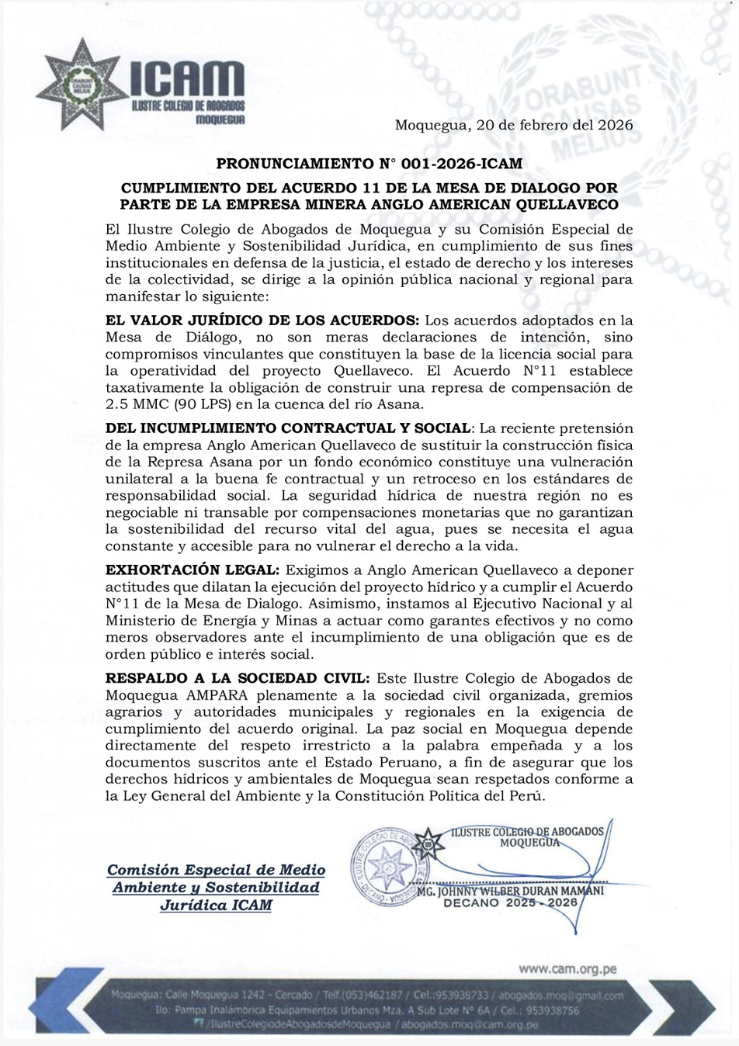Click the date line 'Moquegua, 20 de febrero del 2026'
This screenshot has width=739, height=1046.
click(x=513, y=125)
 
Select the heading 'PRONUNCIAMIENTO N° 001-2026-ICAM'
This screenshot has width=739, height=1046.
click(x=369, y=164)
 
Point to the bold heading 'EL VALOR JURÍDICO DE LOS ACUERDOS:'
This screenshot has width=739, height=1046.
click(x=262, y=320)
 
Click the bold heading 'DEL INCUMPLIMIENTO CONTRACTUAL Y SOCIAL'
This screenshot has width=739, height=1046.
click(x=288, y=428)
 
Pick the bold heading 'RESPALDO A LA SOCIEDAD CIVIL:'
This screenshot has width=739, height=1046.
click(x=238, y=678)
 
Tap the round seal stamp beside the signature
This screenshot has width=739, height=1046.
click(x=385, y=866)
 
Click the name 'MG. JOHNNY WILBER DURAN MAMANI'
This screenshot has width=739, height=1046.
click(x=510, y=891)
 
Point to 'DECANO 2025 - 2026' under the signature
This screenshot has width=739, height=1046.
click(x=510, y=902)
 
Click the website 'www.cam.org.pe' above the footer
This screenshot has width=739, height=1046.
click(x=567, y=968)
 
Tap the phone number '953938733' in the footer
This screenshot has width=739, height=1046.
click(x=462, y=996)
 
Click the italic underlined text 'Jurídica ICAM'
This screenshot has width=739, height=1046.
click(x=216, y=905)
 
